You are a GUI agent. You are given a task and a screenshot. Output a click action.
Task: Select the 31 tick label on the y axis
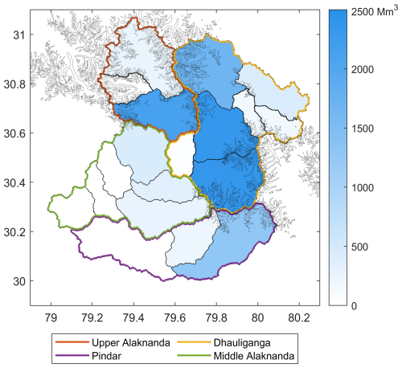tap(18, 35)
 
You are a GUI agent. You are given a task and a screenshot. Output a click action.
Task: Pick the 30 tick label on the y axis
tap(18, 280)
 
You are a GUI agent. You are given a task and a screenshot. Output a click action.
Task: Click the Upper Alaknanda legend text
tap(129, 343)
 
